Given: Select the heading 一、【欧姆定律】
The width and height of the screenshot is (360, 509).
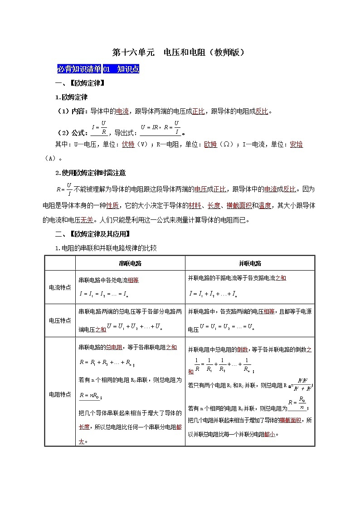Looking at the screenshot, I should click(x=80, y=83).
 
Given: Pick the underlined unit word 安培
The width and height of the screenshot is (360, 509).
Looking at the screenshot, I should click(x=296, y=145).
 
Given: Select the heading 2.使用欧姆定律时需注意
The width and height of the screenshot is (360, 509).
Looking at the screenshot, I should click(x=90, y=173).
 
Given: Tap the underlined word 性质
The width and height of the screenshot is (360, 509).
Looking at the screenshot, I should click(x=113, y=205).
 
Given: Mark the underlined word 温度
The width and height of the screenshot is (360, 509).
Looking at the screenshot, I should click(x=265, y=205).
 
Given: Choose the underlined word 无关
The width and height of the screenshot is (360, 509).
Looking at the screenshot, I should click(x=87, y=220).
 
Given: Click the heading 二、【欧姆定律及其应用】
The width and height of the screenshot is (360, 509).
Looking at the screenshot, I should click(x=92, y=234).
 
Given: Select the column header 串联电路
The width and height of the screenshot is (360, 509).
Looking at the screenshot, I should click(x=130, y=263).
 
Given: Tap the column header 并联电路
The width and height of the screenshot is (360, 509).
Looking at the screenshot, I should click(x=250, y=263).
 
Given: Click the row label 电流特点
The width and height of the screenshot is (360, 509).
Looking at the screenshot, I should click(x=60, y=287).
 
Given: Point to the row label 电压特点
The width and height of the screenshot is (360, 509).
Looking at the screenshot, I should click(x=60, y=320).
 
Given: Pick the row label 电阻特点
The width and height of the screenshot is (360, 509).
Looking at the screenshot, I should click(x=60, y=394).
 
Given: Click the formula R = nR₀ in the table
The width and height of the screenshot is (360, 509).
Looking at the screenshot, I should click(x=90, y=396).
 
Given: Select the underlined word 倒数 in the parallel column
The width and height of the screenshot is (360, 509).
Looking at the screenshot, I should click(x=242, y=349).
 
